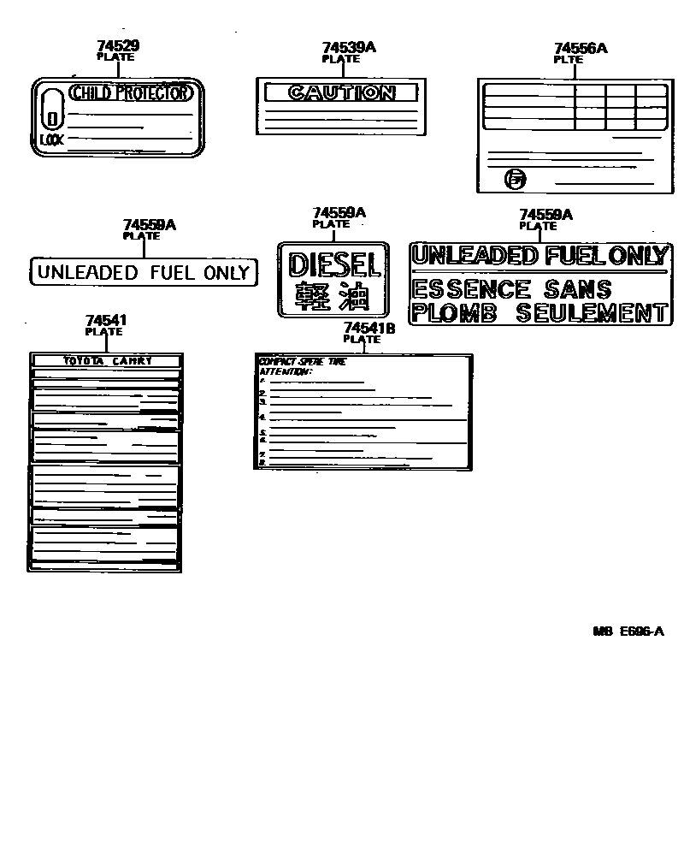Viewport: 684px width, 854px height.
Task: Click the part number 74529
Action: (x=117, y=46)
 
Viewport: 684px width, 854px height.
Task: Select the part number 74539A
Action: (x=349, y=48)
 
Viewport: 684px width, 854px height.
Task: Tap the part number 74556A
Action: (x=581, y=49)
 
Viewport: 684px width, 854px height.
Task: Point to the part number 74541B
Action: (x=369, y=328)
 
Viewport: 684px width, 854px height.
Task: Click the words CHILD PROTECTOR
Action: (x=129, y=93)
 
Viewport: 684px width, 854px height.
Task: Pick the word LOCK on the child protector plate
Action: (x=51, y=139)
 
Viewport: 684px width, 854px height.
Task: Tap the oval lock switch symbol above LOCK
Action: (x=52, y=110)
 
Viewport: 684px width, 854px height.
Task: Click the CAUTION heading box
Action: (x=341, y=92)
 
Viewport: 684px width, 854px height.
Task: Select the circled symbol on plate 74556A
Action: (x=516, y=179)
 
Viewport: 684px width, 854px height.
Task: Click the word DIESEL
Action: (x=333, y=263)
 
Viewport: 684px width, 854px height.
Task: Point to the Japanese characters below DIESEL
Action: (x=333, y=296)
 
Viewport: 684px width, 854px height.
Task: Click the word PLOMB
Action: (x=454, y=313)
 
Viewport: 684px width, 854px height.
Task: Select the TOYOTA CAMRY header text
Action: (x=108, y=361)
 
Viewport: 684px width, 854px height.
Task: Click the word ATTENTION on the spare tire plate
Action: (x=286, y=371)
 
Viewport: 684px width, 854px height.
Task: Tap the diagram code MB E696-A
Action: (x=628, y=632)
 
